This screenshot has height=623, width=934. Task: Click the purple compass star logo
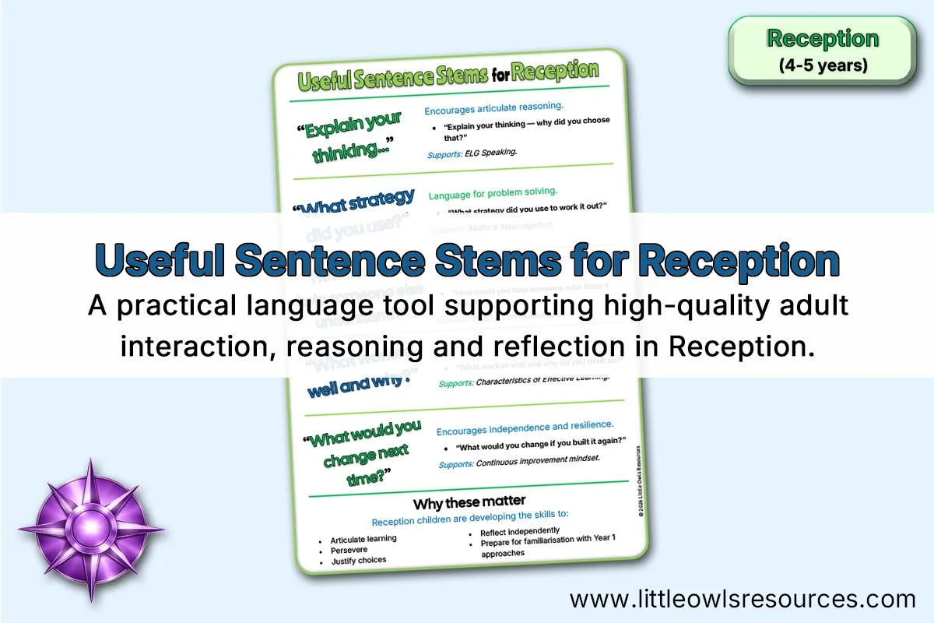click(90, 530)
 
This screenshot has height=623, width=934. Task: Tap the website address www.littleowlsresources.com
click(743, 599)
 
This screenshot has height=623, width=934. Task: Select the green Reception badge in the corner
click(822, 50)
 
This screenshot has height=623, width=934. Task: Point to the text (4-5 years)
click(823, 65)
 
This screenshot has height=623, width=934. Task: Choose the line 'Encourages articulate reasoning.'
click(493, 107)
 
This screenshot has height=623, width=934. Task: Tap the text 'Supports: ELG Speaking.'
click(472, 153)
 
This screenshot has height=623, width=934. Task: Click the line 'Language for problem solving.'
click(493, 192)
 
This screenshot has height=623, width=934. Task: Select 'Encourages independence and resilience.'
click(525, 427)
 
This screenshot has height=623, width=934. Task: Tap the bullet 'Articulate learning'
click(363, 539)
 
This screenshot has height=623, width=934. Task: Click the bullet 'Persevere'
click(349, 550)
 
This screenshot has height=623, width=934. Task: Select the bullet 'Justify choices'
click(358, 561)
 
